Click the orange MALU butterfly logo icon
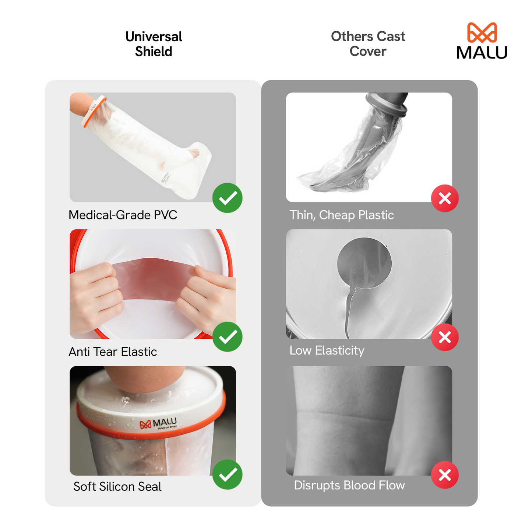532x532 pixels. click(x=482, y=32)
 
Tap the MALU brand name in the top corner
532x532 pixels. click(x=482, y=52)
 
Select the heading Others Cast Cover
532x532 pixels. click(x=368, y=44)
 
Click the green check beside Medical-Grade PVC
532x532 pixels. click(x=228, y=198)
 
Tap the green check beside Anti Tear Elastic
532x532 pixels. click(x=228, y=337)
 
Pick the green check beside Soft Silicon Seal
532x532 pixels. click(x=228, y=475)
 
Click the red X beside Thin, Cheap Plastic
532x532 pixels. click(x=445, y=198)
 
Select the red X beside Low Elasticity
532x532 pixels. click(x=445, y=337)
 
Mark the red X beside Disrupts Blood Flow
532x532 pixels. click(x=445, y=475)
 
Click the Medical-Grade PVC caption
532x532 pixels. click(x=123, y=215)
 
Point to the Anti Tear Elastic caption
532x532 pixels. click(x=113, y=352)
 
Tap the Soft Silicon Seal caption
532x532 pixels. click(x=117, y=487)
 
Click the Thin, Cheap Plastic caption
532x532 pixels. click(x=342, y=215)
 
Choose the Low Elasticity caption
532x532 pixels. click(x=327, y=350)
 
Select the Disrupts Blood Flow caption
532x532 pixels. click(x=349, y=485)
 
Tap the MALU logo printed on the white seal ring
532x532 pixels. click(x=159, y=424)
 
